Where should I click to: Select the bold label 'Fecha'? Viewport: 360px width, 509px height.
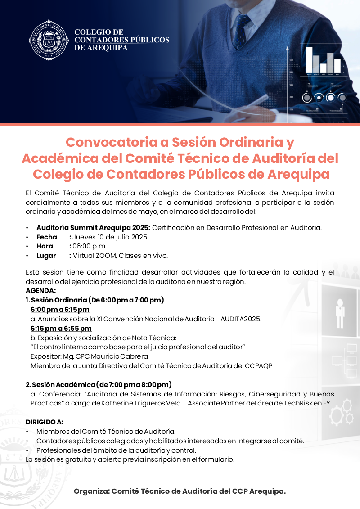(47, 237)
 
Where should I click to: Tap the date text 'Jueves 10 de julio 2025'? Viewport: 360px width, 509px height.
(111, 237)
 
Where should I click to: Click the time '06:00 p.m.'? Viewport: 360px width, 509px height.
(90, 246)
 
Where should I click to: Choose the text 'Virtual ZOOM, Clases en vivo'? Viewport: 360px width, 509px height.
(120, 256)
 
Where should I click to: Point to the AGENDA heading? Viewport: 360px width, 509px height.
(41, 291)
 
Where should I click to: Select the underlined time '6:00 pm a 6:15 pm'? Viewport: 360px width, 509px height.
(60, 309)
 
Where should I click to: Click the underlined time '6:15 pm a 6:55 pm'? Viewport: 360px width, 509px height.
(61, 328)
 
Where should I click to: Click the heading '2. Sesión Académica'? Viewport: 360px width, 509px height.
(59, 384)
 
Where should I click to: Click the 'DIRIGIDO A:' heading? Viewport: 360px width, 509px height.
(45, 422)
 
